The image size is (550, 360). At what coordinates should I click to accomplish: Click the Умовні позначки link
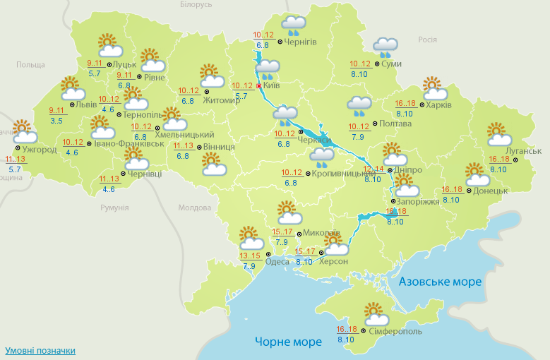40,351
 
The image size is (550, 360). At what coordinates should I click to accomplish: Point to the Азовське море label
440,282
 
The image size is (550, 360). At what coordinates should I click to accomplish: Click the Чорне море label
288,342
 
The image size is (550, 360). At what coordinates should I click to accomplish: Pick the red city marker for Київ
258,86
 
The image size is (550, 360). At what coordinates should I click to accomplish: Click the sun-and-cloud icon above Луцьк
109,45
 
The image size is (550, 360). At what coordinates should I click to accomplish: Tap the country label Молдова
195,208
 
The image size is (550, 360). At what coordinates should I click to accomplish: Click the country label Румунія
114,208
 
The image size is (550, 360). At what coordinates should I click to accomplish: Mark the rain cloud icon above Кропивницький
322,157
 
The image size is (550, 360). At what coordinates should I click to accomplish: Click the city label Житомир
222,100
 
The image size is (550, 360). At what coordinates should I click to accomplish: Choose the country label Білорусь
196,5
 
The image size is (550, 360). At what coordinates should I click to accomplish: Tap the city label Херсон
334,262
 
